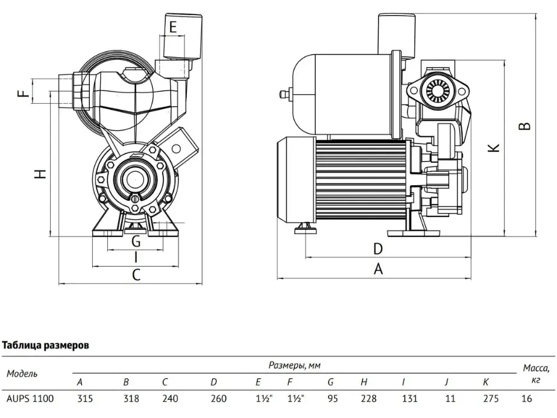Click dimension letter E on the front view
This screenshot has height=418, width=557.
173,27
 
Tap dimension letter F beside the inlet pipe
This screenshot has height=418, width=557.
24,93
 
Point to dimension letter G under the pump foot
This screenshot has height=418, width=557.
136,241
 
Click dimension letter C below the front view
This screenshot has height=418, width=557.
136,275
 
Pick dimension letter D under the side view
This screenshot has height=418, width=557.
378,249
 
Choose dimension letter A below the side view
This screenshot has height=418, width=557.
379,269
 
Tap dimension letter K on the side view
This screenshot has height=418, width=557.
494,148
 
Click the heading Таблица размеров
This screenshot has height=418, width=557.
45,345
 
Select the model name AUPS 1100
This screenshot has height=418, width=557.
30,399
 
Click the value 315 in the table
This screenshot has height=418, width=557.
85,399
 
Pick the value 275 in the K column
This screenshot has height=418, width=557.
491,399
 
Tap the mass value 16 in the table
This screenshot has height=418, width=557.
527,399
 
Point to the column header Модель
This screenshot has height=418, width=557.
22,373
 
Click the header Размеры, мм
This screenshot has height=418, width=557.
295,365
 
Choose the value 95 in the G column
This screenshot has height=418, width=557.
333,399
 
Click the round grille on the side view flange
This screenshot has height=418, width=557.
437,90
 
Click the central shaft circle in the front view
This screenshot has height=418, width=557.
136,179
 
